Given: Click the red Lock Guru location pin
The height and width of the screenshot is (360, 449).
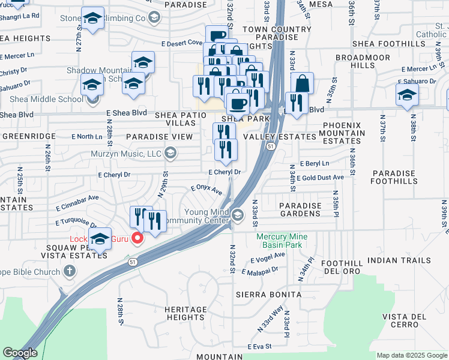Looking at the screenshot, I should click(x=137, y=239).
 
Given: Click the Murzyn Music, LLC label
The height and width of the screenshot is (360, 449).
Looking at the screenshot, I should click(x=128, y=154).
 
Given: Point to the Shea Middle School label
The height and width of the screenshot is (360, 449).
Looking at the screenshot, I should click(x=46, y=100).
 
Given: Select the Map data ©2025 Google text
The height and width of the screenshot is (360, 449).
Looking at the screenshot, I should click(x=411, y=355).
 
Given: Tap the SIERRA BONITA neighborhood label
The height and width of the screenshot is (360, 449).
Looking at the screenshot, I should click(x=268, y=295).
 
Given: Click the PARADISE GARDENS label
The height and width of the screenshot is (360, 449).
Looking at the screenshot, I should click(x=300, y=209).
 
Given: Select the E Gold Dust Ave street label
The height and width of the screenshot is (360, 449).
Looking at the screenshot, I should click(x=320, y=178).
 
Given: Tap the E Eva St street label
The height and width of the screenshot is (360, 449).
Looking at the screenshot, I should click(x=260, y=347).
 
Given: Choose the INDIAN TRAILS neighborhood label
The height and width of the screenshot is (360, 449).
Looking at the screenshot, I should click(x=399, y=260).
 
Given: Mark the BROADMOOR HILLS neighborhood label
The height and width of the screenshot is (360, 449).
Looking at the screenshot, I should click(x=355, y=61).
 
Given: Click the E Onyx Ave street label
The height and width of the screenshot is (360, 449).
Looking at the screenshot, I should click(x=206, y=190).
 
